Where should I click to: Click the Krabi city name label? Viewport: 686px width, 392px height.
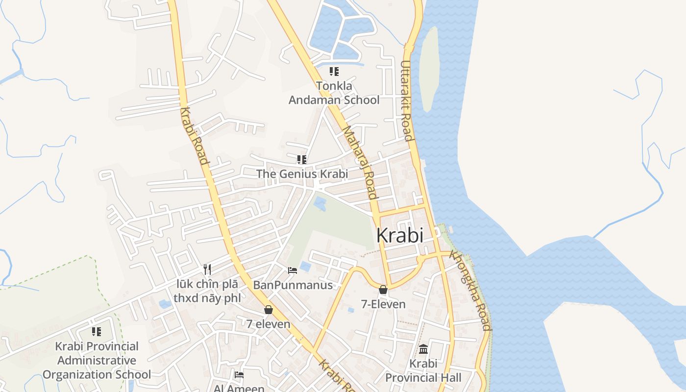[399, 236]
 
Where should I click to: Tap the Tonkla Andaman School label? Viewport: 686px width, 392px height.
[334, 93]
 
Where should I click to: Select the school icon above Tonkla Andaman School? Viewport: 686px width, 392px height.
[334, 72]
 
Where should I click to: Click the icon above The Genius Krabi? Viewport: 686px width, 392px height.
[301, 160]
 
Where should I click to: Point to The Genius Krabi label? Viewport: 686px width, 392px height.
[302, 174]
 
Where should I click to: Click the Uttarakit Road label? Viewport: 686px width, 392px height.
[406, 100]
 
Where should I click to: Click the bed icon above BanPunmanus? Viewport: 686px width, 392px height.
[293, 270]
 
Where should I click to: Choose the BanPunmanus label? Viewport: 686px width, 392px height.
[293, 285]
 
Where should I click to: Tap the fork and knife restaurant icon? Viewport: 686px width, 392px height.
[207, 269]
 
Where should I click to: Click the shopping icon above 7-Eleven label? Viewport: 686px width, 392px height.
[383, 290]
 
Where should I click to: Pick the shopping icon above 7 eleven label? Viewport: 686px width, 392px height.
[268, 310]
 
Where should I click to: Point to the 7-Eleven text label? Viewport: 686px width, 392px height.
[383, 304]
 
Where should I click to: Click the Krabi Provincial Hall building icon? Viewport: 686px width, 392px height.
[423, 349]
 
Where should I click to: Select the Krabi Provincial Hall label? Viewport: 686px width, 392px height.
[423, 371]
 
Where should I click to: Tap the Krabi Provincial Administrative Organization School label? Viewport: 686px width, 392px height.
[97, 360]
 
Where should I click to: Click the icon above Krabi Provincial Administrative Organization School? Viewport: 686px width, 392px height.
[97, 332]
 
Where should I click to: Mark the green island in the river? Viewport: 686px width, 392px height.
[429, 69]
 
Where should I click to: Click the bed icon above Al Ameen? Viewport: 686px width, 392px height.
[239, 375]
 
